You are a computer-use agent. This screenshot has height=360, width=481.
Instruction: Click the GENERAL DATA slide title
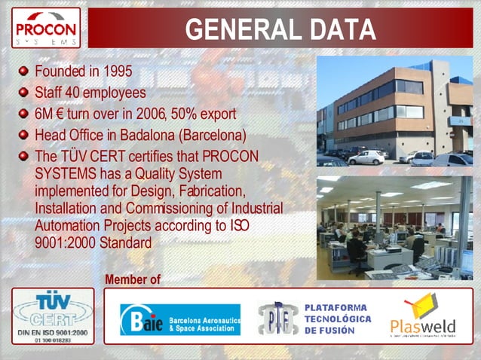pos(280,29)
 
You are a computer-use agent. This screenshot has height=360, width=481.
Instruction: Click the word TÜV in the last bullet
pos(74,157)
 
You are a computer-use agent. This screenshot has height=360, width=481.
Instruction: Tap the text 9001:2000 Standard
pos(93,243)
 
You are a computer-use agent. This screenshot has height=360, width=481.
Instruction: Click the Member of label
pos(133,279)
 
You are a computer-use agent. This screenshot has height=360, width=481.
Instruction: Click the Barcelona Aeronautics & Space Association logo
pos(180,319)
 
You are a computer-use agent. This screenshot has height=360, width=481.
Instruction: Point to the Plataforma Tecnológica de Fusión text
pos(337,318)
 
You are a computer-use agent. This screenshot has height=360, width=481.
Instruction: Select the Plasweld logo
pos(423,316)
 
